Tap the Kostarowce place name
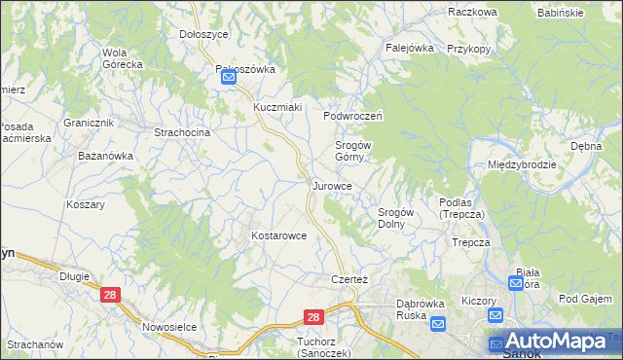point(279,235)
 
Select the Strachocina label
point(182,131)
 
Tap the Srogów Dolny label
point(396,218)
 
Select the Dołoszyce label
point(203,34)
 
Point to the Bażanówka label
point(105,156)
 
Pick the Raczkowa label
point(473,12)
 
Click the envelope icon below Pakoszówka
point(228,80)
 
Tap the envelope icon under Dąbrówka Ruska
point(437,324)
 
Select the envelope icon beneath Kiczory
point(495,314)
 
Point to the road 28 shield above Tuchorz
point(312,317)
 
